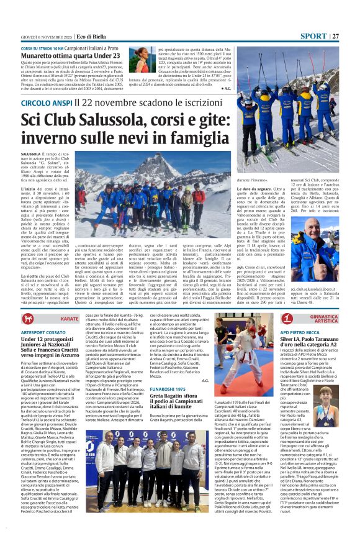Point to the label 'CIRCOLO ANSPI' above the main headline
coord(45,102)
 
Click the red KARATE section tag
coord(70,318)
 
